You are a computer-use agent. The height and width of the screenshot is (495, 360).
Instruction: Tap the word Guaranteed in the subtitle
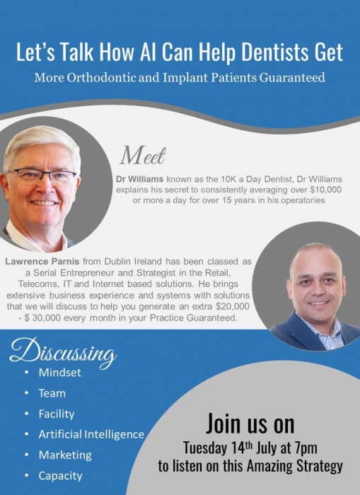289,78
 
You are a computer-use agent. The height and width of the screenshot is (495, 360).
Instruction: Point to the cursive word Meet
143,155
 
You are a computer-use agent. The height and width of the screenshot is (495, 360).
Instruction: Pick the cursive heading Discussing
64,352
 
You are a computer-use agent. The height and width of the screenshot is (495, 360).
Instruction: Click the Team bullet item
52,393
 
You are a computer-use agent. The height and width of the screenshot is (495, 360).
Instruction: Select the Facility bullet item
57,414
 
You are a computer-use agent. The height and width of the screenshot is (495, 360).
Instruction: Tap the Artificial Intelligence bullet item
91,434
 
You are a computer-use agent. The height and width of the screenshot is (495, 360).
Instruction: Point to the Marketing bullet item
65,455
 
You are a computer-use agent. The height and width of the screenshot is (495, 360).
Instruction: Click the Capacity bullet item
61,475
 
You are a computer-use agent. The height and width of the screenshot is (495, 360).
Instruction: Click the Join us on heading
250,424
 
